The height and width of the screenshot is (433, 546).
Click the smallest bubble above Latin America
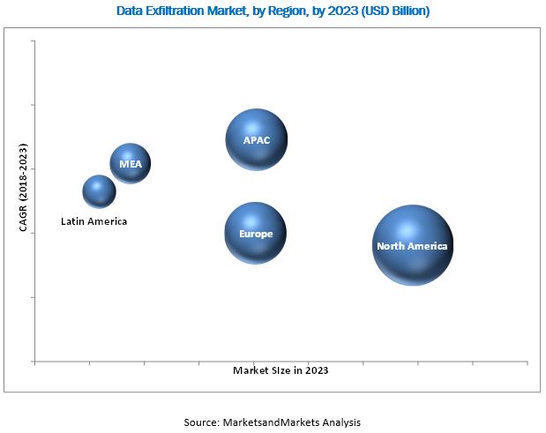[x=99, y=190]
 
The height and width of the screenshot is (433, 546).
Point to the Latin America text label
[x=93, y=221]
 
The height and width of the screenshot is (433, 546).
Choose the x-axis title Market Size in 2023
[x=280, y=371]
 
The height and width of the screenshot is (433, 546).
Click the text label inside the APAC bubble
[x=257, y=140]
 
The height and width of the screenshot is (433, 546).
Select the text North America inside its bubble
[x=412, y=246]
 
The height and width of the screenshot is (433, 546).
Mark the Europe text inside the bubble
[x=256, y=234]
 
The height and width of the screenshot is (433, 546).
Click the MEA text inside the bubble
[x=131, y=164]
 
